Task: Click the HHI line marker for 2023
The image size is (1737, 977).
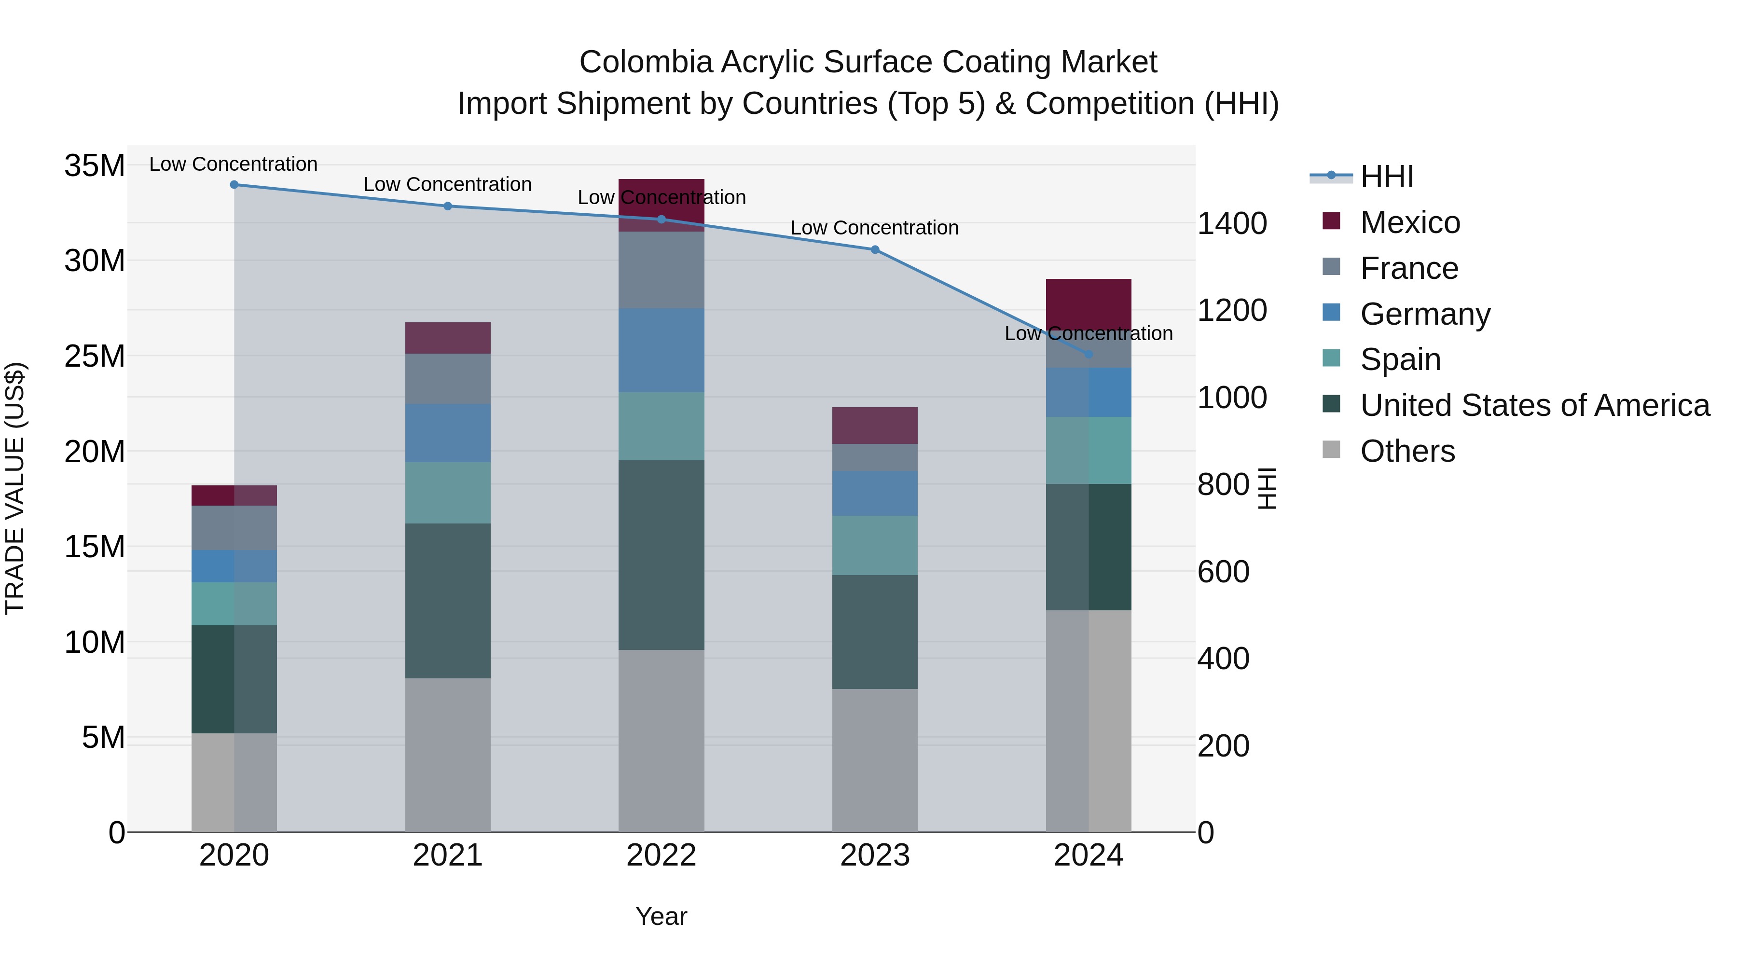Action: [875, 249]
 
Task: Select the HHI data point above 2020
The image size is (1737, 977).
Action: [234, 185]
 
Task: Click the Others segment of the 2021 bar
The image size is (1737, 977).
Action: [448, 755]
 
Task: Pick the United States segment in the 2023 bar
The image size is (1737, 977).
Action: [875, 632]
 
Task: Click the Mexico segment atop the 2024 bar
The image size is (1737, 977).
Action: [1089, 303]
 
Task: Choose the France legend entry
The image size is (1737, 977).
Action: [1408, 268]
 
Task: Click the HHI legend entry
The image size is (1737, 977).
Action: [1386, 177]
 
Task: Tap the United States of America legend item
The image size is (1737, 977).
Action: [1534, 405]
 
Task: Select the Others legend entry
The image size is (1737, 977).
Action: [1407, 451]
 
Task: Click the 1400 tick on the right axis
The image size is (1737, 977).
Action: [1231, 223]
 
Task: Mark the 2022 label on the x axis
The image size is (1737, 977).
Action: [661, 855]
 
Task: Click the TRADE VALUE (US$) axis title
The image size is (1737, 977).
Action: [15, 488]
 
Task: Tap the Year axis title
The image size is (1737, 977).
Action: [661, 916]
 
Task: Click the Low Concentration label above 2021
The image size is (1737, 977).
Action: [448, 184]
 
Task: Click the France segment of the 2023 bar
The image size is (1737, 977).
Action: [875, 457]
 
